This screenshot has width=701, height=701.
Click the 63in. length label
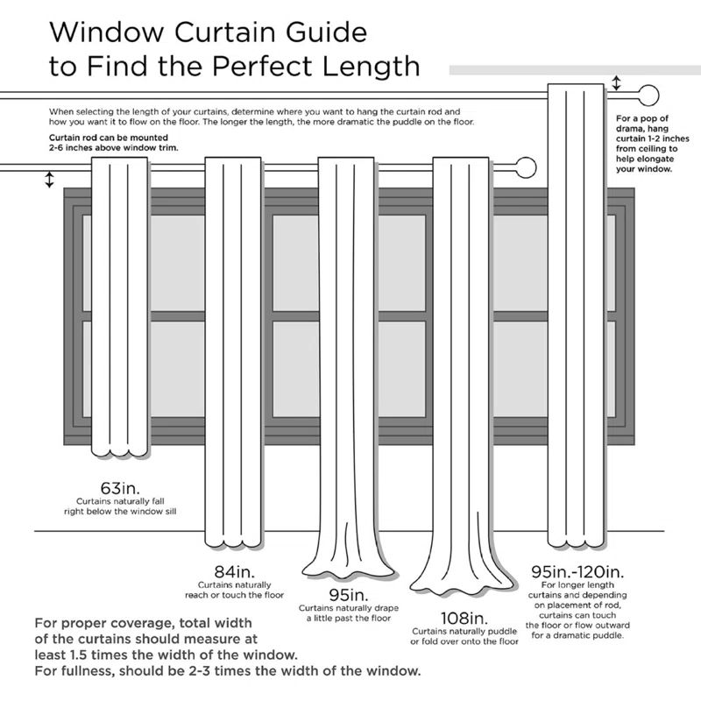119,486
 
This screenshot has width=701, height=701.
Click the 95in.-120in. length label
576,571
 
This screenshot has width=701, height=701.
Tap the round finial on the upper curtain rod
649,95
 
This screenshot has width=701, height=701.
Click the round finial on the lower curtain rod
526,166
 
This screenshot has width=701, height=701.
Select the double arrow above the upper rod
616,84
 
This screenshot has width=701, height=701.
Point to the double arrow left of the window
49,180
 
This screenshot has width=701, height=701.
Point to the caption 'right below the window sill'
120,509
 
